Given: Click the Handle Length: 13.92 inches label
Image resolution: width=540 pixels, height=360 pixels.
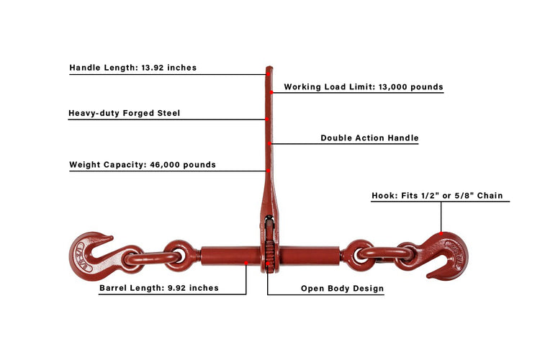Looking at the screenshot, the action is coord(133,68).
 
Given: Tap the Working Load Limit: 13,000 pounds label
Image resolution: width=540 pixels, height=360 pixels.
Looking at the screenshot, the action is coord(364,87).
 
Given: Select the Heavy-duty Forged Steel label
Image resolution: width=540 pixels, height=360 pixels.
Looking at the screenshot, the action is coord(125,113).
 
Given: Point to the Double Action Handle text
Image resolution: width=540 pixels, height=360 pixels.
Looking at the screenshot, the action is coord(369,138).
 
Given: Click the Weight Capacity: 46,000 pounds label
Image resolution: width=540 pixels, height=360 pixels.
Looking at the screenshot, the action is coord(143,165).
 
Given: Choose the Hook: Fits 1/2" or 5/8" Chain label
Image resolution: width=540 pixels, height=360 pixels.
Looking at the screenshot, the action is coord(437,196).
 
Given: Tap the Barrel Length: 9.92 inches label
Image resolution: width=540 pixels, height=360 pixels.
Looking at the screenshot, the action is coord(159,288).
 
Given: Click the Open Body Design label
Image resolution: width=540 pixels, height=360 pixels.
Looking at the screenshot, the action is coord(342,288).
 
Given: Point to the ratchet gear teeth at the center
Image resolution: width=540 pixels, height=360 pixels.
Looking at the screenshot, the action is coord(269,256).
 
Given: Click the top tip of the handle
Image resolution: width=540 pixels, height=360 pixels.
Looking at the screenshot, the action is coord(269,67).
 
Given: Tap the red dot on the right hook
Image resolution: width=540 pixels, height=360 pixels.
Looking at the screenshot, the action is coord(441,233).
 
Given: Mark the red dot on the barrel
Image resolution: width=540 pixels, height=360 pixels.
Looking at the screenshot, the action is coord(246,263).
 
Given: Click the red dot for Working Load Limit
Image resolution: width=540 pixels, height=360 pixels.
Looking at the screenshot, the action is coord(271,92).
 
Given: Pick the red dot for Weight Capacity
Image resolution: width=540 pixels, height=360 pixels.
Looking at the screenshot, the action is coord(268,171).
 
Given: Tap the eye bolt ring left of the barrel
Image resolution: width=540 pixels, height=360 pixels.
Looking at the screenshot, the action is coord(181,256).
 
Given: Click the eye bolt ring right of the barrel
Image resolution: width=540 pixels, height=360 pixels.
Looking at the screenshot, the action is coord(358,256).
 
